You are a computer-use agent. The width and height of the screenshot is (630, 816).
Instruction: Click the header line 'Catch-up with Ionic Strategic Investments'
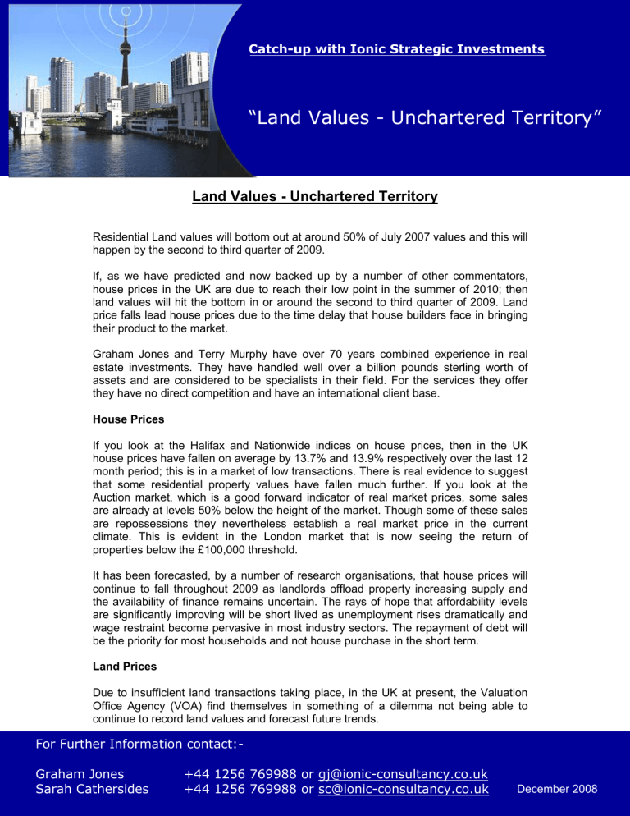[x=398, y=50]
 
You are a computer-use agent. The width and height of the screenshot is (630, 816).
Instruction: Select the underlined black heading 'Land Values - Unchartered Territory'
[x=315, y=197]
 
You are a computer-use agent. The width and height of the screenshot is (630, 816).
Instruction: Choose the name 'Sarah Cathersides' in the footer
[x=93, y=790]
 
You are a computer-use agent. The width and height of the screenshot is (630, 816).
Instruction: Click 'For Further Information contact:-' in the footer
[x=141, y=745]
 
